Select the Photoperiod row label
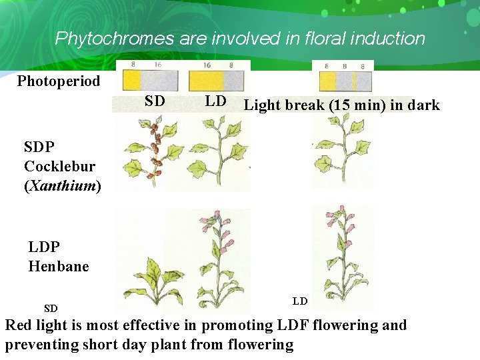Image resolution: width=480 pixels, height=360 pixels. click(x=59, y=81)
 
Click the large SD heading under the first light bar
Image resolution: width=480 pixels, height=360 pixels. click(x=155, y=102)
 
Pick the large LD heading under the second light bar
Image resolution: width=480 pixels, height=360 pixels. click(x=215, y=102)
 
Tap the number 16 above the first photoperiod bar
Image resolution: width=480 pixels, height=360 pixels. click(x=157, y=65)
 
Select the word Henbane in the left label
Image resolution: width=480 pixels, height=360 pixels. click(x=59, y=267)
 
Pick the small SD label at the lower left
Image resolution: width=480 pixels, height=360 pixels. click(x=51, y=309)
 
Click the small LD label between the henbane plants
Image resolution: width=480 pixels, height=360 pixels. click(x=300, y=301)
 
